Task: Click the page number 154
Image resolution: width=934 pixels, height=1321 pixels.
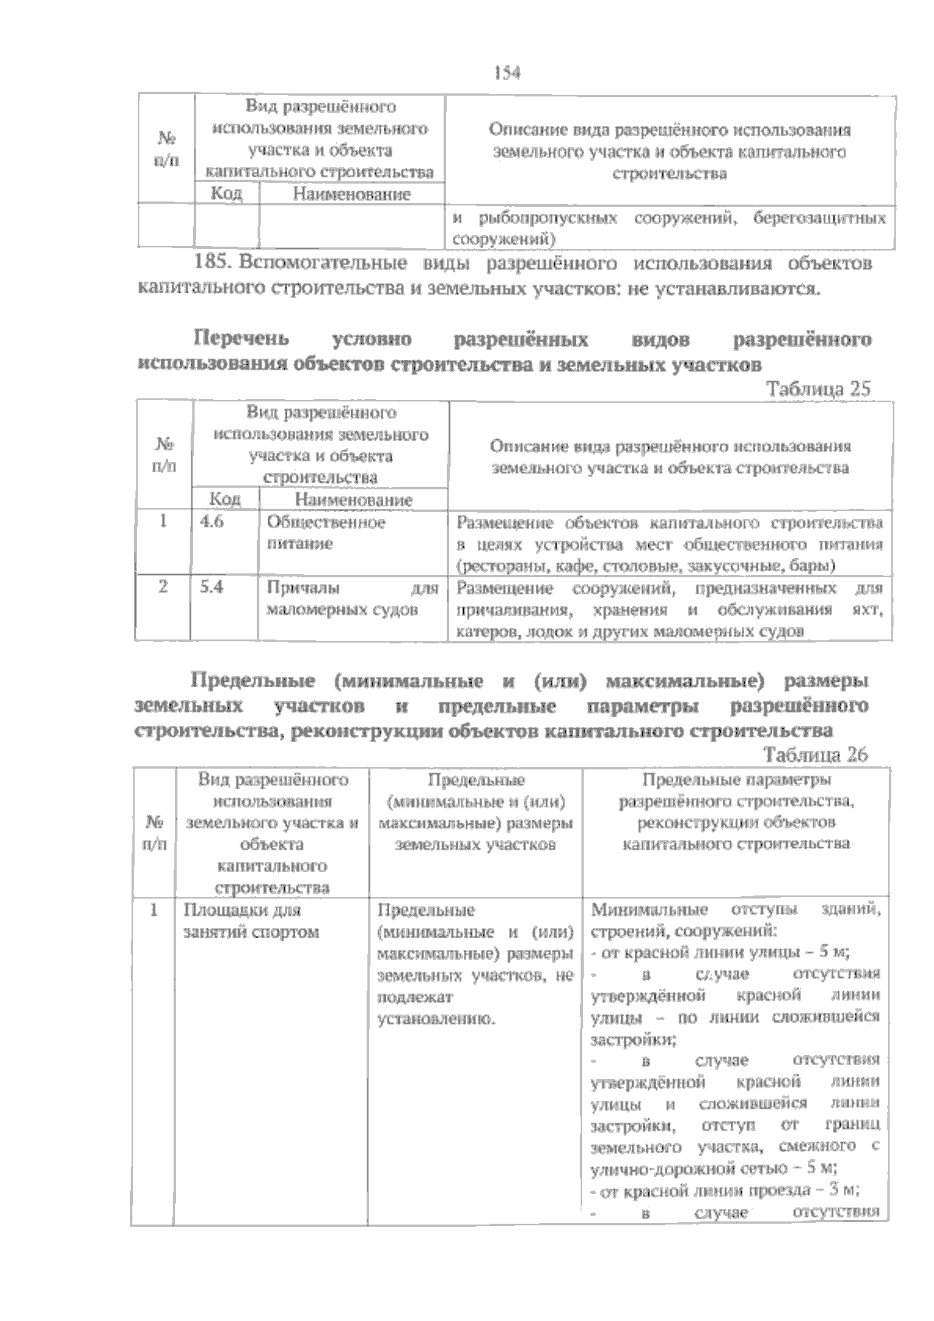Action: tap(506, 73)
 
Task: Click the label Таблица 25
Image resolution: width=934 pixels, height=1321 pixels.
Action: tap(818, 389)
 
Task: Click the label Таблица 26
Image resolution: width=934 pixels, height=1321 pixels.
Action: tap(816, 754)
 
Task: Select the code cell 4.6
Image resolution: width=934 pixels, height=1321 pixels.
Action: tap(212, 522)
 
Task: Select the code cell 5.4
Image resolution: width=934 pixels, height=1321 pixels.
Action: tap(212, 587)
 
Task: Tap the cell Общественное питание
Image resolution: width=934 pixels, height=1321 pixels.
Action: tap(325, 533)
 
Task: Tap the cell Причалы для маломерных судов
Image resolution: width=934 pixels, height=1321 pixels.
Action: tap(352, 599)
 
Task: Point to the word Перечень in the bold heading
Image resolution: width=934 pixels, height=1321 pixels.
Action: tap(241, 339)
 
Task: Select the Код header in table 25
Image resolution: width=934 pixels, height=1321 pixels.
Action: tap(226, 499)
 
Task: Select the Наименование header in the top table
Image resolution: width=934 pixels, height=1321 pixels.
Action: tap(351, 194)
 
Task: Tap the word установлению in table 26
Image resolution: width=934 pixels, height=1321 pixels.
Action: tap(435, 1018)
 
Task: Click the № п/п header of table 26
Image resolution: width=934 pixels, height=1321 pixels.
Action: tap(155, 832)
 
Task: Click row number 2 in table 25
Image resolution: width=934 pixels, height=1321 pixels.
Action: tap(163, 587)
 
